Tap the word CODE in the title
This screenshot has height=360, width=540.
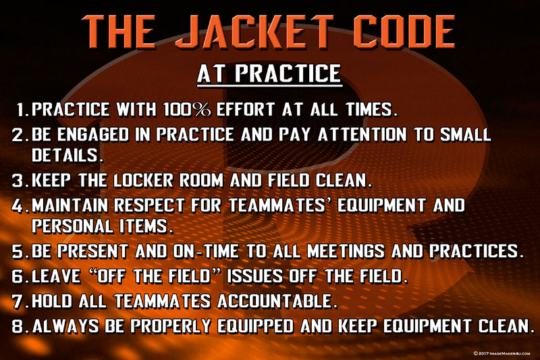404,31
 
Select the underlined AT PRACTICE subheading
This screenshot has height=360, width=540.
269,74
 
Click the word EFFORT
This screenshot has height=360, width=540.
245,109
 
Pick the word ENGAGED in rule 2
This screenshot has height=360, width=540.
93,134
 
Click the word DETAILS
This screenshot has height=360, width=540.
67,155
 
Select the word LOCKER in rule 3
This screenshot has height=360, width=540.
143,180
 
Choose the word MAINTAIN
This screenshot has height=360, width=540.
70,205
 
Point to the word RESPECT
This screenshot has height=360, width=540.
149,205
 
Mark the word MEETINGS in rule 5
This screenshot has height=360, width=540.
346,251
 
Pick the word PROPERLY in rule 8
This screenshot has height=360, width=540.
171,326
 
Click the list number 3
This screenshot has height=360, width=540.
18,180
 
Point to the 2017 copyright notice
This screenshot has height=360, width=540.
502,353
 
